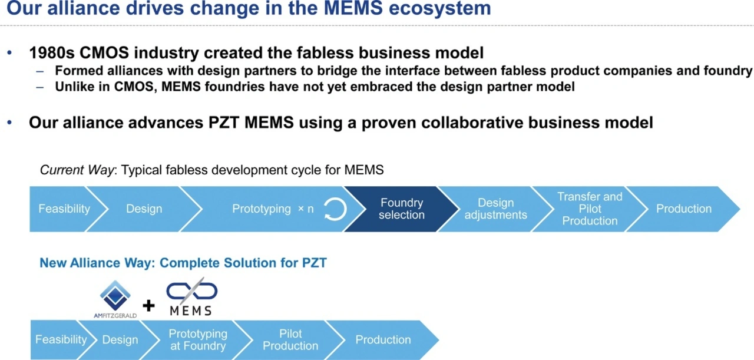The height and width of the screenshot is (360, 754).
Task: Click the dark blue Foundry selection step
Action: click(402, 209)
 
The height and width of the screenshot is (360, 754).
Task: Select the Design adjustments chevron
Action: click(495, 209)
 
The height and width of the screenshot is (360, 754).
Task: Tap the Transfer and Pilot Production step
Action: click(590, 209)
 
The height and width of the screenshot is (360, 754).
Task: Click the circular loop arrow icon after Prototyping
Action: click(335, 209)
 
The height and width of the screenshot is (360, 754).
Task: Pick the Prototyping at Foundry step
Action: click(198, 340)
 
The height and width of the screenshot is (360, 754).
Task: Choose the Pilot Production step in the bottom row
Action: click(290, 340)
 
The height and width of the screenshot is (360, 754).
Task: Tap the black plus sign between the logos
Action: click(148, 306)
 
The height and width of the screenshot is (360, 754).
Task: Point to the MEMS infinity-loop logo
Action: click(191, 296)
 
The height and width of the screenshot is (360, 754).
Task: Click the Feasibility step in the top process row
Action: click(65, 209)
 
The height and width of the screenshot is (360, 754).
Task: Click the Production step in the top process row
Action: click(683, 209)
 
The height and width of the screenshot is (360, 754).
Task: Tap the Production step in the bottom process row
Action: click(383, 340)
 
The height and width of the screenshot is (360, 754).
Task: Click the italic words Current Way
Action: click(77, 170)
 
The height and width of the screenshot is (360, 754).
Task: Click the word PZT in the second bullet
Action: click(224, 123)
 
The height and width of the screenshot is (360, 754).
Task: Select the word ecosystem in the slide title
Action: click(439, 8)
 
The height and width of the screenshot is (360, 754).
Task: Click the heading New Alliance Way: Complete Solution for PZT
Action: click(183, 263)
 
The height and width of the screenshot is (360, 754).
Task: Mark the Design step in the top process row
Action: click(144, 209)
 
